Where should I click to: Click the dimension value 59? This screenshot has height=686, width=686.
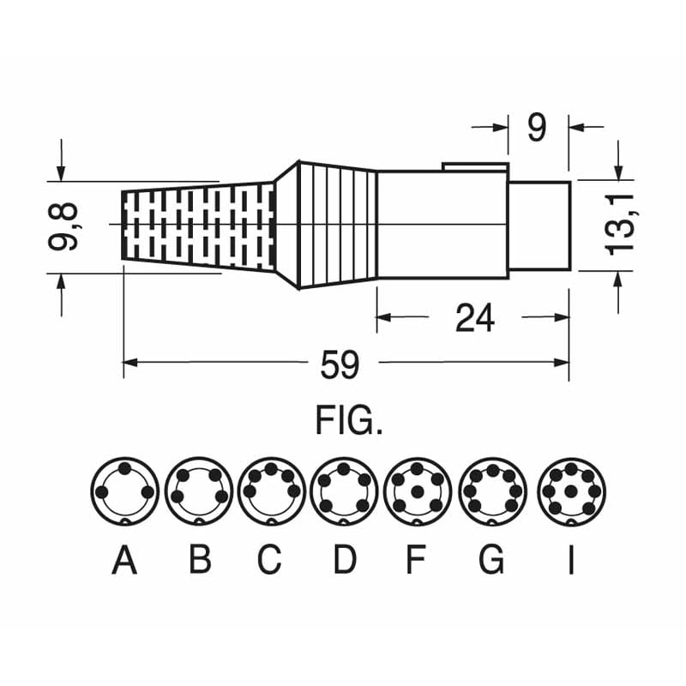pyautogui.click(x=340, y=366)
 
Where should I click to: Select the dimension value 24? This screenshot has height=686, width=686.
pyautogui.click(x=474, y=318)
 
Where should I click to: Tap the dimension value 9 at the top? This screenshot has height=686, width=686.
pyautogui.click(x=536, y=128)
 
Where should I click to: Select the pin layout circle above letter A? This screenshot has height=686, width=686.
pyautogui.click(x=124, y=490)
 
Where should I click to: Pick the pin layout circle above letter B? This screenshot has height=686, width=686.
pyautogui.click(x=199, y=490)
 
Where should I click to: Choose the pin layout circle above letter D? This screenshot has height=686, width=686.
pyautogui.click(x=345, y=490)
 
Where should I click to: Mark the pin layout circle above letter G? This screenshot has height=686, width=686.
pyautogui.click(x=491, y=490)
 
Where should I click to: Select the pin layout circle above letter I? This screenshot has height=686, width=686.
pyautogui.click(x=571, y=490)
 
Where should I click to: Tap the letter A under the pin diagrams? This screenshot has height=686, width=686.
pyautogui.click(x=124, y=561)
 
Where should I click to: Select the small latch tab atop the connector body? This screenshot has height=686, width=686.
pyautogui.click(x=475, y=166)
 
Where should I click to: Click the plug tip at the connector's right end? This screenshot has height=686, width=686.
pyautogui.click(x=539, y=224)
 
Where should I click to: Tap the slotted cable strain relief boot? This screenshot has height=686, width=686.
pyautogui.click(x=197, y=225)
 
